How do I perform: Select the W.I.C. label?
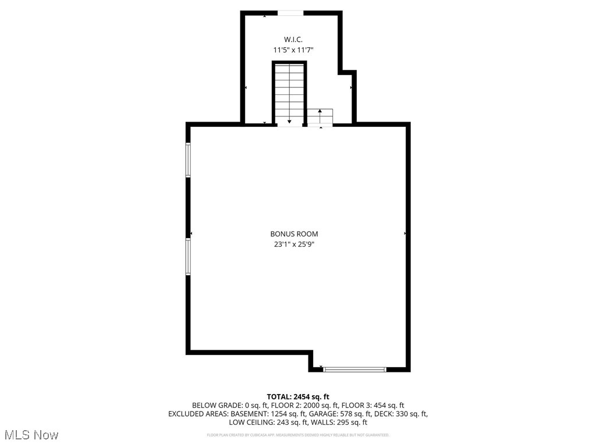pyautogui.click(x=293, y=39)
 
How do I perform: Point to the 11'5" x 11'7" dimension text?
pyautogui.click(x=293, y=50)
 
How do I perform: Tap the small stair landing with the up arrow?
pyautogui.click(x=320, y=116)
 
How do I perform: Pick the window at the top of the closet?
pyautogui.click(x=290, y=13)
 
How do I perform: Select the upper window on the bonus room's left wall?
pyautogui.click(x=188, y=160)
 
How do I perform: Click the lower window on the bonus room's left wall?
pyautogui.click(x=188, y=257)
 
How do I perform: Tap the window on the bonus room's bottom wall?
pyautogui.click(x=354, y=369)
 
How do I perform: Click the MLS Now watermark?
pyautogui.click(x=31, y=435)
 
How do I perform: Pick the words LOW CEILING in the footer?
pyautogui.click(x=250, y=423)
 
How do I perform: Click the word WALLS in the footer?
pyautogui.click(x=322, y=423)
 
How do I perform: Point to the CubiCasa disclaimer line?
pyautogui.click(x=298, y=435)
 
